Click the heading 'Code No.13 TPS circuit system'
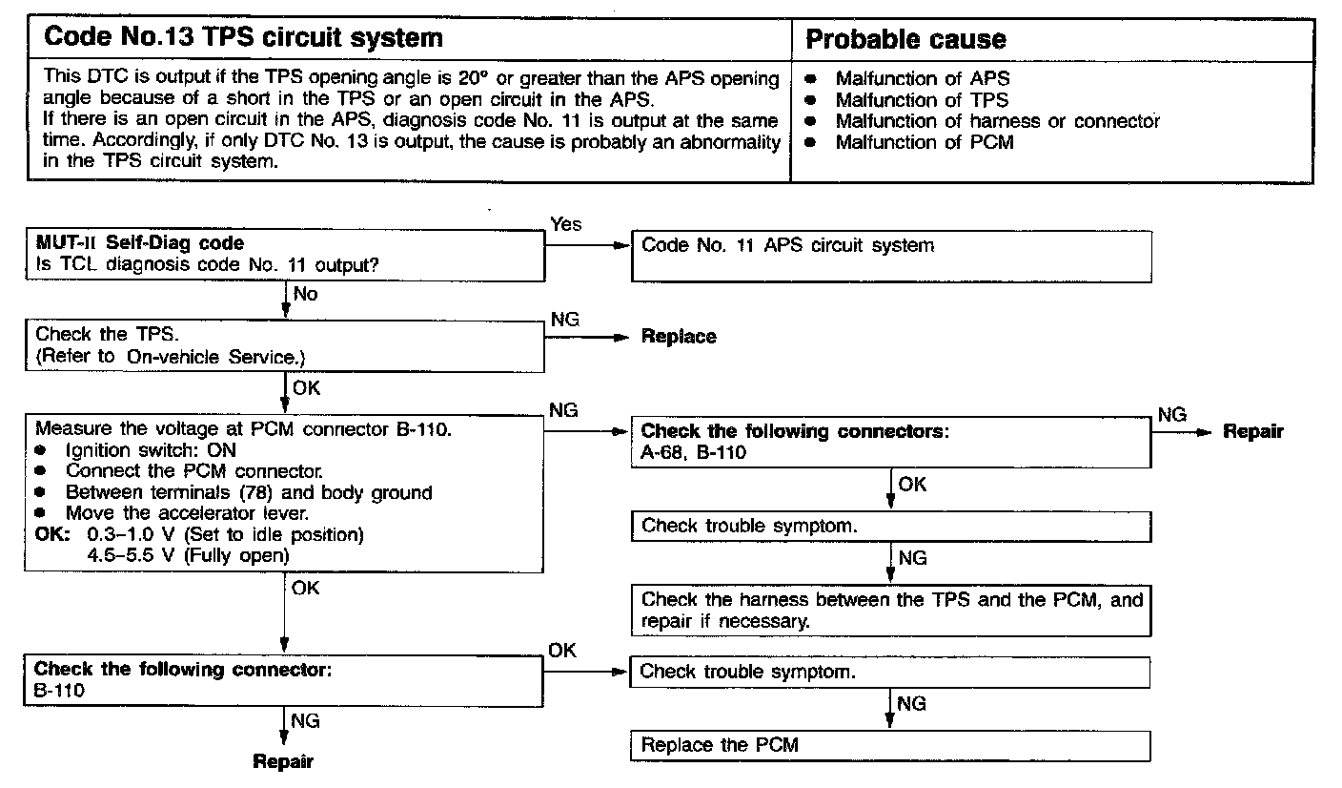(x=244, y=38)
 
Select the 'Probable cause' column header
(x=905, y=39)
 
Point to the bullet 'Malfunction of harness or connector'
(x=997, y=121)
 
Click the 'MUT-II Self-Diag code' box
(x=284, y=255)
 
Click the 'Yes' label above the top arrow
(x=565, y=224)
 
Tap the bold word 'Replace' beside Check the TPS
(x=679, y=337)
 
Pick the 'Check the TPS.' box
(x=284, y=345)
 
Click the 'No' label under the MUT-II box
(x=305, y=294)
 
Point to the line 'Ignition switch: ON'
(x=151, y=450)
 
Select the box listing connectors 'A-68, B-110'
(x=890, y=442)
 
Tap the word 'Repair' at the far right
(x=1253, y=431)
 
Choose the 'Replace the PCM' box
(x=889, y=745)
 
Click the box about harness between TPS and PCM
(x=890, y=611)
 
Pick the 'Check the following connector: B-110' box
(x=284, y=679)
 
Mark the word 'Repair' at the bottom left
(x=283, y=761)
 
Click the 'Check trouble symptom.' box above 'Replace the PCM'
(x=889, y=672)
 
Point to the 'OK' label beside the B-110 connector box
(x=562, y=651)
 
